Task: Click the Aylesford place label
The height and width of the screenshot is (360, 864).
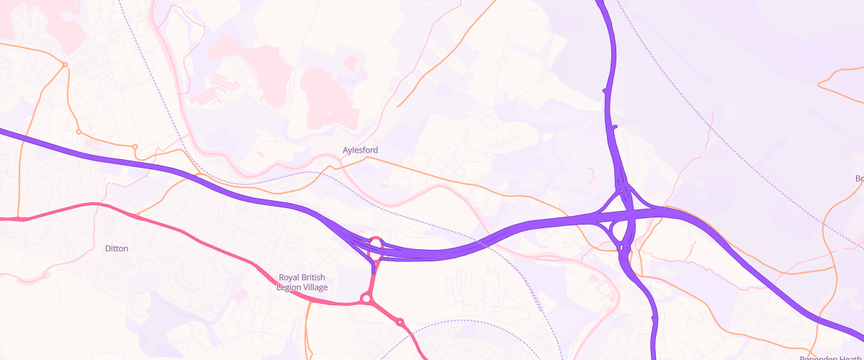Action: point(360,150)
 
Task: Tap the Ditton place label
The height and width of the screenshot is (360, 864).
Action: point(117,248)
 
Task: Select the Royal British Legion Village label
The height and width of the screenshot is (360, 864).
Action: point(302,282)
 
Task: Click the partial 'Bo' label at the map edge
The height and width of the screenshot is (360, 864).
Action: point(859,178)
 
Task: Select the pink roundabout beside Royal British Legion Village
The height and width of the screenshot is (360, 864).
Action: point(366,298)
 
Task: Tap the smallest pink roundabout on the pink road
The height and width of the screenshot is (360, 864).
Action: point(400,322)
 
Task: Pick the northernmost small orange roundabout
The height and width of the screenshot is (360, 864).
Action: point(65,65)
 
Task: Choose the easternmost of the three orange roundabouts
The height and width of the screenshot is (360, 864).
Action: point(135,147)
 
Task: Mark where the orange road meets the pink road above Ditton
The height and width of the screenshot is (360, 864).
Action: point(135,215)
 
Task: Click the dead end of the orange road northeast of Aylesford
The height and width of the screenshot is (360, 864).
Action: point(397,107)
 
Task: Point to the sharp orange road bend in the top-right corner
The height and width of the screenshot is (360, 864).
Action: point(819,85)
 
